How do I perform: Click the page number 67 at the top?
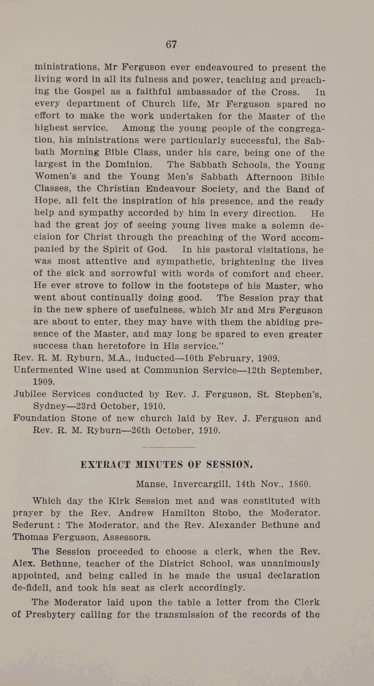(x=171, y=44)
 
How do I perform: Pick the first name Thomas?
(x=30, y=537)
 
